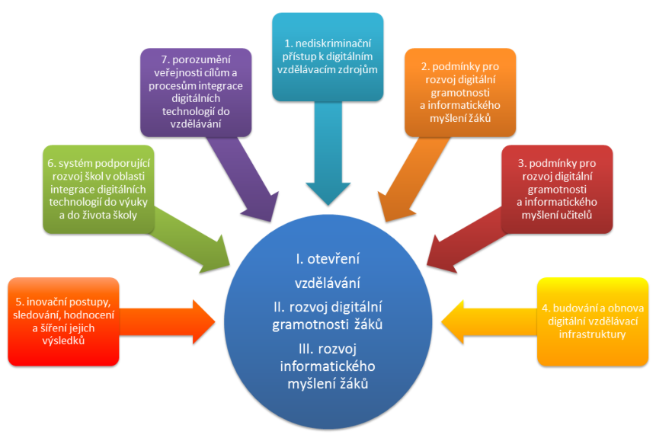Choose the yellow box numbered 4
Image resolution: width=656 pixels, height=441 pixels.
pyautogui.click(x=593, y=319)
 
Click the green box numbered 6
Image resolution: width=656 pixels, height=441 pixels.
pyautogui.click(x=98, y=189)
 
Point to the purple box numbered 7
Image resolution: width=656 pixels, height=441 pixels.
pyautogui.click(x=197, y=91)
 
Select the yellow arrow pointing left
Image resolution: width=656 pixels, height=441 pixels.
pyautogui.click(x=488, y=319)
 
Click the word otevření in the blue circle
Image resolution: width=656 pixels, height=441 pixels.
pyautogui.click(x=340, y=260)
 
